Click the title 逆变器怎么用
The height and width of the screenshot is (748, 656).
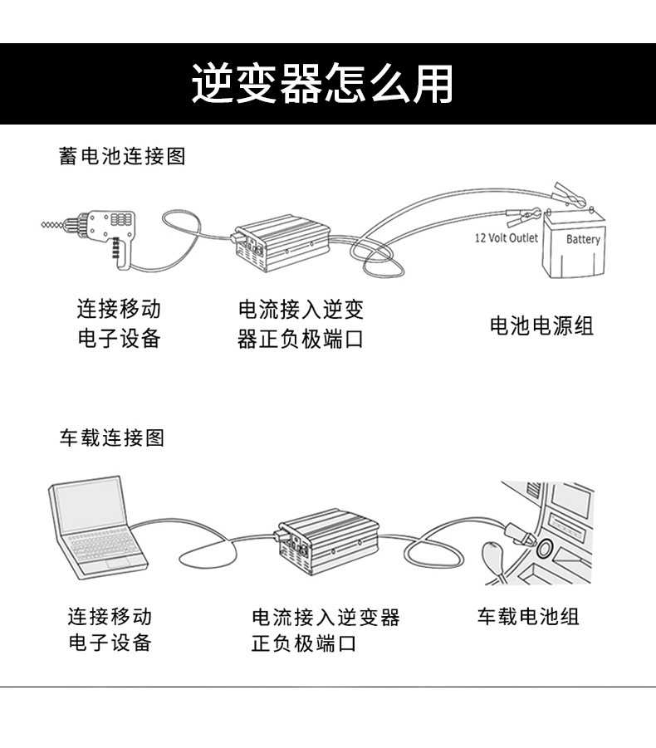tap(324, 83)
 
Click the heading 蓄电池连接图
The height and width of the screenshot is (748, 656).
tap(122, 155)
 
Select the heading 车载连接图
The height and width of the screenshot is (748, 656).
tap(111, 438)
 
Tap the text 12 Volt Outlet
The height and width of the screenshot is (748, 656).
tap(506, 238)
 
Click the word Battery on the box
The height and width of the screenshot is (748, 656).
tap(583, 239)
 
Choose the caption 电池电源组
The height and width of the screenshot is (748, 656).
tap(541, 325)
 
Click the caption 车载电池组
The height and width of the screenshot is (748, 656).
tap(528, 616)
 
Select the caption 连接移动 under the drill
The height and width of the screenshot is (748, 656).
tap(119, 310)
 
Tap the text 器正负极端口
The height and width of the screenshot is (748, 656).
tap(301, 340)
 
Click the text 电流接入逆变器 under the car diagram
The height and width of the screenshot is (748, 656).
tap(326, 617)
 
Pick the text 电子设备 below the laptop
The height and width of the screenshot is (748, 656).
tap(110, 643)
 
